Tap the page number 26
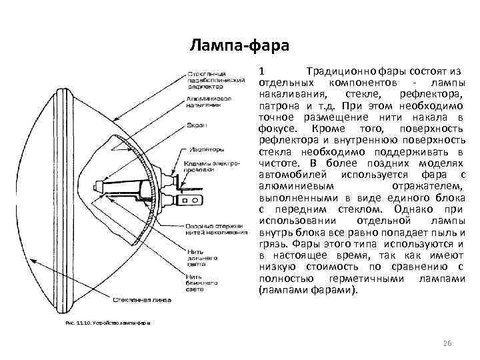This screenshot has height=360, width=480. point(447,343)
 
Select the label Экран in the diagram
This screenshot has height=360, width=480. point(196,125)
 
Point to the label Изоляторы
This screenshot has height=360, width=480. point(205,149)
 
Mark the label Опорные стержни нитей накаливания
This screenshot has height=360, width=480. point(213,229)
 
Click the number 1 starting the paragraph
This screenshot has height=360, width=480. point(263,71)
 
